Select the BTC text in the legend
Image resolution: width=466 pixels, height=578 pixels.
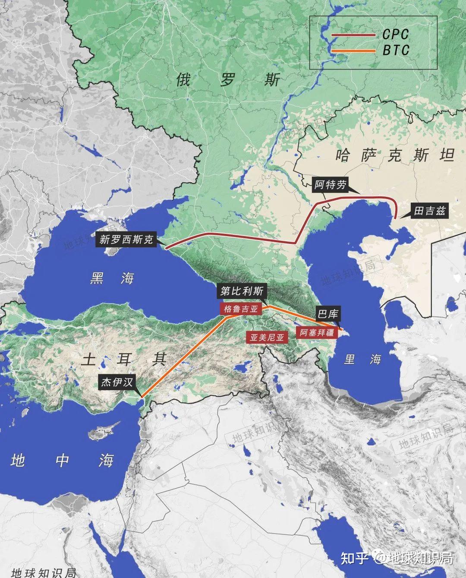[395, 51]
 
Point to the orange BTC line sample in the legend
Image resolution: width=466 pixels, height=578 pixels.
[353, 51]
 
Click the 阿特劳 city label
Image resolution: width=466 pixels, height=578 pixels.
[330, 185]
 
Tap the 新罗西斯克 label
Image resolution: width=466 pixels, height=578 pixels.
[126, 240]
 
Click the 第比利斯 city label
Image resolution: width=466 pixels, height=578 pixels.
[242, 291]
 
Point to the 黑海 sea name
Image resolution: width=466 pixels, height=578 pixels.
[112, 278]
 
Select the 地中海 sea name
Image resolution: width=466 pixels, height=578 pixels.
[63, 461]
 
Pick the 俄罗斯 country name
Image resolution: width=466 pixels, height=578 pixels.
[228, 79]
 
